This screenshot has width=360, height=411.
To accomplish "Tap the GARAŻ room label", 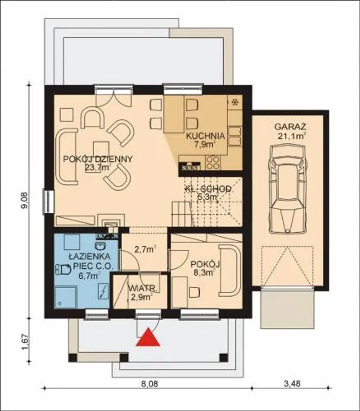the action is (x=290, y=127).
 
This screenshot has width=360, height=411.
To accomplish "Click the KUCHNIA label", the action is (x=206, y=136).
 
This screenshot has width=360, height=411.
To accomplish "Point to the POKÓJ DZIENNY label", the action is (x=98, y=159).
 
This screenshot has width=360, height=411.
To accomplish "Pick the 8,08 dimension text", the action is (x=149, y=384).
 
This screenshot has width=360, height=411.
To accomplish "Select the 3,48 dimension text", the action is (x=292, y=384).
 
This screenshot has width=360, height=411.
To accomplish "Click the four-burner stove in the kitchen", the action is (x=213, y=163).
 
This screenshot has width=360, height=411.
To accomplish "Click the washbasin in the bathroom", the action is (x=100, y=246).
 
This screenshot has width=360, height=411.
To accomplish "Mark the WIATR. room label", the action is (x=143, y=288).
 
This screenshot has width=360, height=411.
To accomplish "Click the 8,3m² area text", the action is (x=204, y=273).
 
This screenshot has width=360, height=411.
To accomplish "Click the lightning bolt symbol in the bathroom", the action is (x=103, y=291).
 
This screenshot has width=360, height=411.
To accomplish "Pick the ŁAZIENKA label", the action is (x=90, y=257).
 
